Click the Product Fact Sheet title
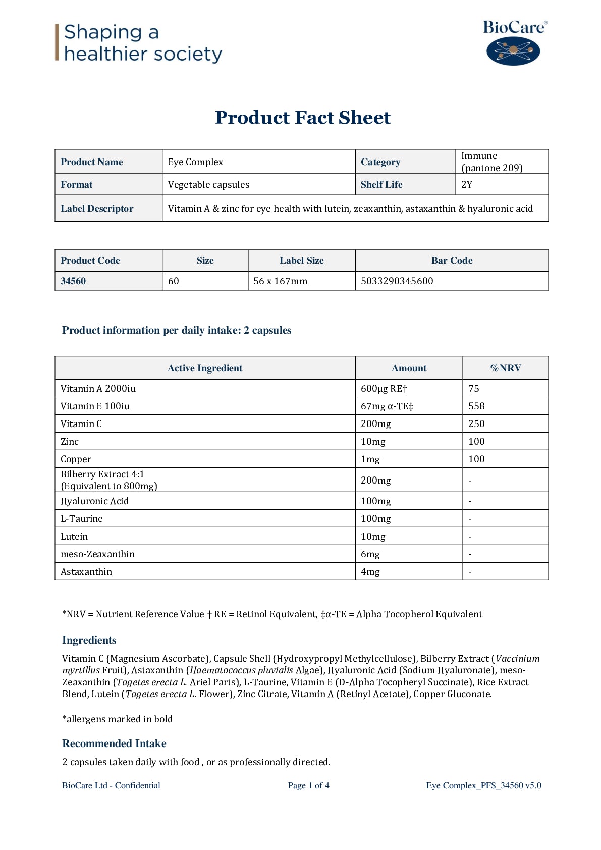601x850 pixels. click(x=303, y=118)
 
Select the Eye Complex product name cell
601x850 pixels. click(x=196, y=162)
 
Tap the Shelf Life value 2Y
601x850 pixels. click(x=467, y=185)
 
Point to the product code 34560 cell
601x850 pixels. click(x=73, y=281)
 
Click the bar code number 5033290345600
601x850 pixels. click(x=397, y=281)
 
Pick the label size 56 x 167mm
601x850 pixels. click(x=280, y=281)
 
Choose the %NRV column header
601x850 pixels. click(x=505, y=368)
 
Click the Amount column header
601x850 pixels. click(x=409, y=368)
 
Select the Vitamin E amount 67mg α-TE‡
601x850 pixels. click(x=387, y=406)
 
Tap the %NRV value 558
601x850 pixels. click(x=476, y=406)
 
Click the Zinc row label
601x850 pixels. click(x=70, y=442)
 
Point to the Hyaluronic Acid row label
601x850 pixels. click(x=95, y=501)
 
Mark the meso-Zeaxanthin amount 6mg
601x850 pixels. click(x=370, y=554)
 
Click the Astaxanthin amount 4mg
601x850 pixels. click(x=370, y=572)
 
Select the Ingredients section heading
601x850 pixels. click(x=89, y=640)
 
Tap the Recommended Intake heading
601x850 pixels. click(x=114, y=743)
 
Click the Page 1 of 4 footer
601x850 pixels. click(x=309, y=785)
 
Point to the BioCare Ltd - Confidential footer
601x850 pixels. click(x=111, y=785)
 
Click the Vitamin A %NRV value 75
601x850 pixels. click(x=474, y=389)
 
